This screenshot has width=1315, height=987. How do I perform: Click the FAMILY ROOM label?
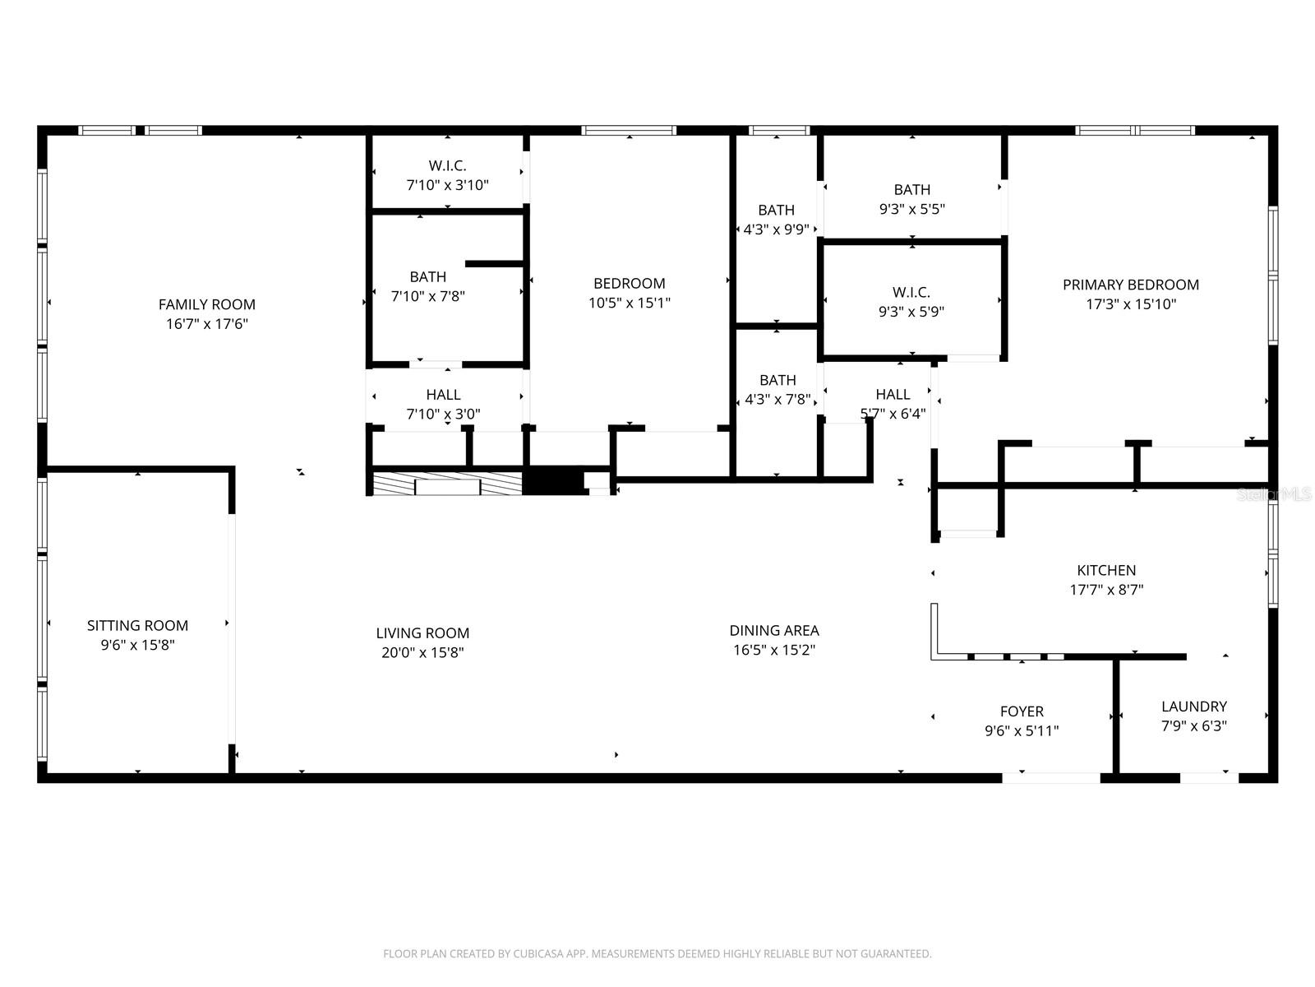pyautogui.click(x=206, y=304)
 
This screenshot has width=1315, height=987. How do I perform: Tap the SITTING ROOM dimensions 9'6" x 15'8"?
pyautogui.click(x=137, y=646)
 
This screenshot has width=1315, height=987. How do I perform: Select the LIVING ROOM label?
pyautogui.click(x=422, y=633)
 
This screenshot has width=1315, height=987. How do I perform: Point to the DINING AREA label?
pyautogui.click(x=774, y=631)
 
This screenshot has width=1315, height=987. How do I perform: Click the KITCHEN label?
pyautogui.click(x=1106, y=570)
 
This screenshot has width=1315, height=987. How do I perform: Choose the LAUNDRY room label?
pyautogui.click(x=1193, y=707)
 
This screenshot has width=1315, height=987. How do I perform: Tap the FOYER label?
pyautogui.click(x=1022, y=711)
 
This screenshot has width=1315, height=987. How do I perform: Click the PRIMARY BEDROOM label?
pyautogui.click(x=1130, y=285)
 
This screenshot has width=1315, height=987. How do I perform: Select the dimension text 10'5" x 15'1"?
pyautogui.click(x=630, y=303)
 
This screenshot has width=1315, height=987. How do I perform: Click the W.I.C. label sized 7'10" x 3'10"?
pyautogui.click(x=447, y=166)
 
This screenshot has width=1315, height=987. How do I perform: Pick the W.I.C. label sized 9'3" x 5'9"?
pyautogui.click(x=911, y=292)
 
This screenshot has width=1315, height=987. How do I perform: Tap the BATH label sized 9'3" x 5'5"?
pyautogui.click(x=911, y=189)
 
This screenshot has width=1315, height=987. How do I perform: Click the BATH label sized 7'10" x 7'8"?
pyautogui.click(x=427, y=277)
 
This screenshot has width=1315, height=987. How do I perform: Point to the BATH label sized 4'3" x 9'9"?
pyautogui.click(x=776, y=210)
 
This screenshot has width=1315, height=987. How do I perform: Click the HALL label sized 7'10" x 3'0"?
pyautogui.click(x=443, y=395)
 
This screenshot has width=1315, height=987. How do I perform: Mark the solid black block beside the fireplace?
pyautogui.click(x=553, y=482)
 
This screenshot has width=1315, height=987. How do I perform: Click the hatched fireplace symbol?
pyautogui.click(x=447, y=483)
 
